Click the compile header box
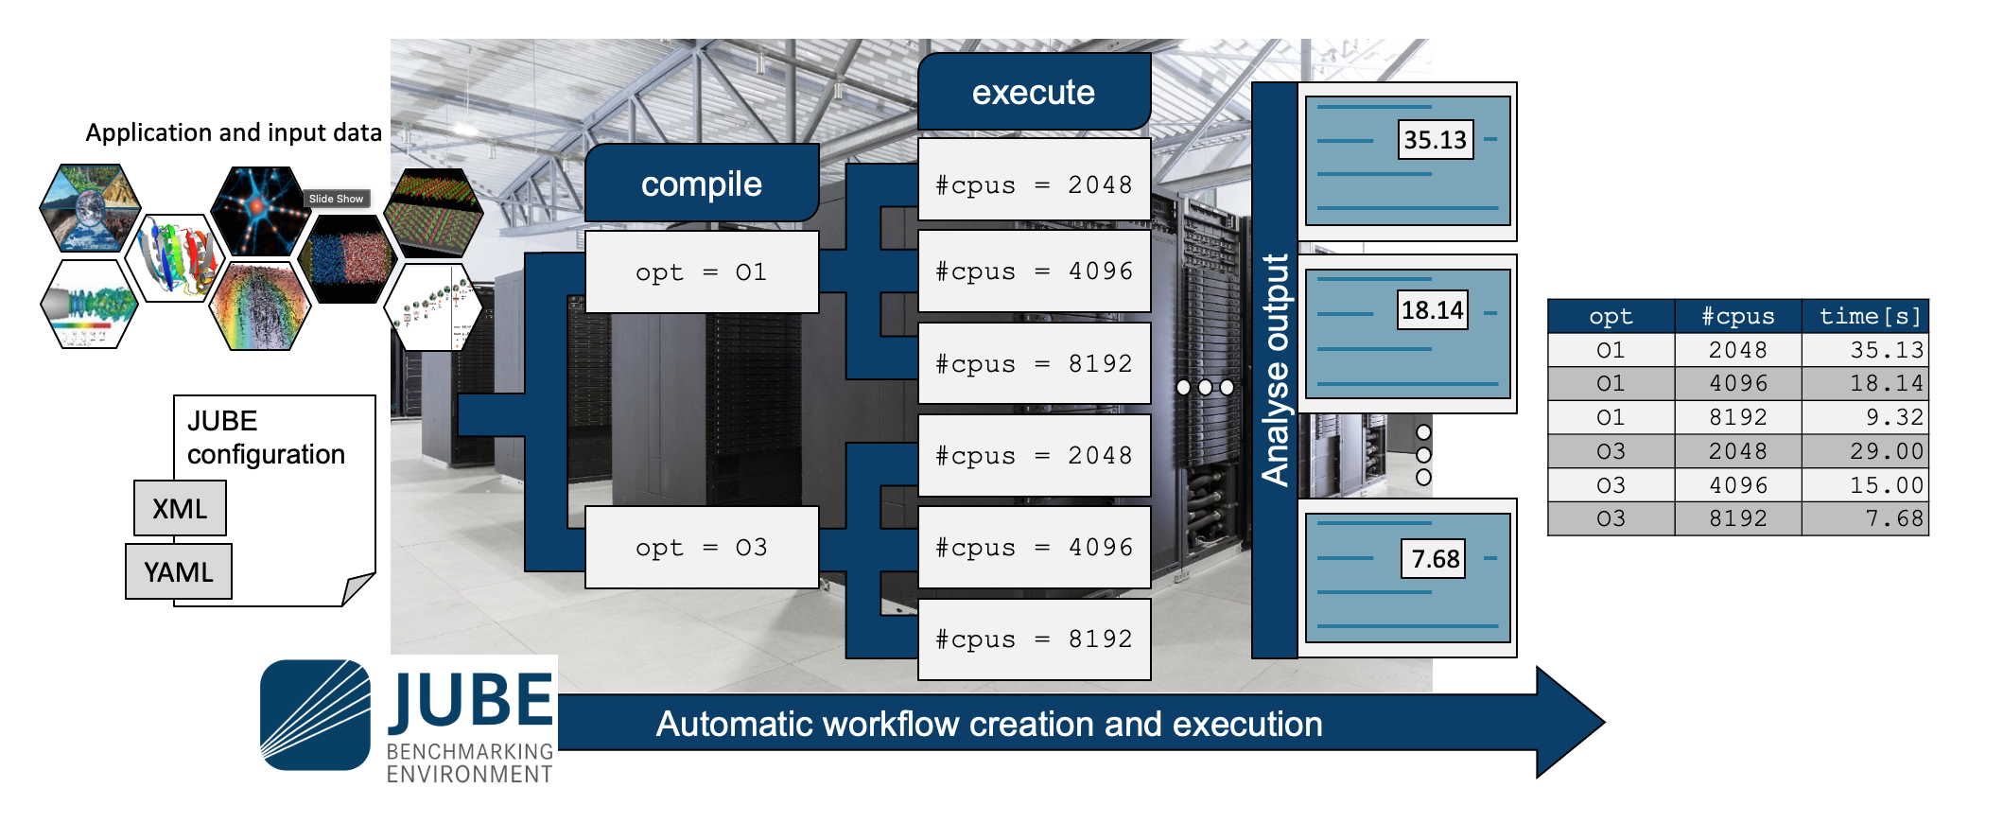[702, 184]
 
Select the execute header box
[1034, 92]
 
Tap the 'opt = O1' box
[702, 272]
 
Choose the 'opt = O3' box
[702, 548]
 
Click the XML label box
[180, 509]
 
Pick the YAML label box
[179, 571]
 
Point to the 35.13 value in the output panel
[1435, 140]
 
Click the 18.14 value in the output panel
[1432, 310]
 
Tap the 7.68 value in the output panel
[1434, 559]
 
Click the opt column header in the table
[1611, 316]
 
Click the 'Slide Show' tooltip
[336, 199]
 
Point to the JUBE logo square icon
[315, 715]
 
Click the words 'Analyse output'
[1276, 369]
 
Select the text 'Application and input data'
[234, 132]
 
